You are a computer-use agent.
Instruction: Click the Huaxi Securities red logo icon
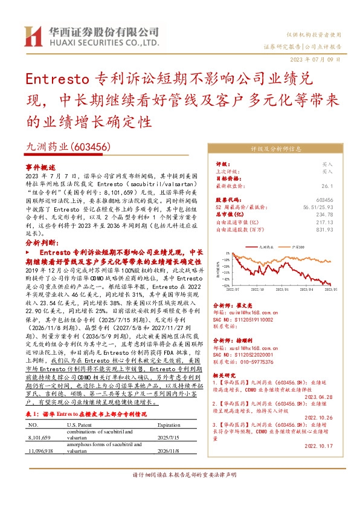(33, 36)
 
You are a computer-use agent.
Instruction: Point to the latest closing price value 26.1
(328, 187)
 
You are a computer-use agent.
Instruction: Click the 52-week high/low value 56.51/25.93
(319, 207)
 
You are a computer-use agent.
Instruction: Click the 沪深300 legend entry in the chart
(297, 247)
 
